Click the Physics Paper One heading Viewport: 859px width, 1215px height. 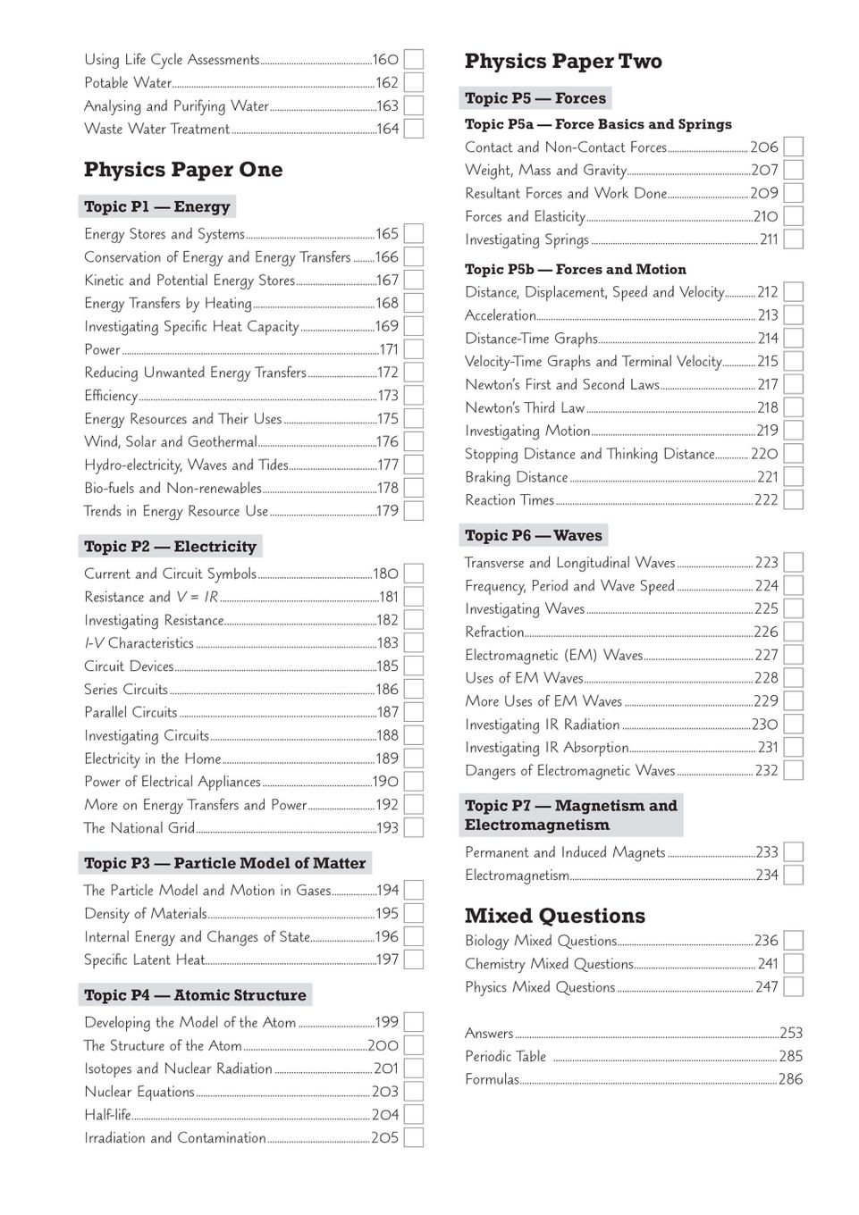183,170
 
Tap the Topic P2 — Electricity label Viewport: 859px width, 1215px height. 170,547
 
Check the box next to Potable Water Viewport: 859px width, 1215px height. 413,83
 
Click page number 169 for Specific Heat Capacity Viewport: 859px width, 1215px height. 387,327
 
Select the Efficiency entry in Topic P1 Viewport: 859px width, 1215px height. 111,396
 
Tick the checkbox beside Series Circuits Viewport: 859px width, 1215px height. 413,690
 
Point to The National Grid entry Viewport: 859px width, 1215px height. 139,828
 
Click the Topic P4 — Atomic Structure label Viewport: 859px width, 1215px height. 195,995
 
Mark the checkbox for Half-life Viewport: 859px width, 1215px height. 413,1115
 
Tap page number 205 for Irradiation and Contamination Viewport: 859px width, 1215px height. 384,1138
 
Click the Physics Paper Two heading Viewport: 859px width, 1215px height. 563,62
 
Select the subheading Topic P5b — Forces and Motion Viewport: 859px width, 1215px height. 576,270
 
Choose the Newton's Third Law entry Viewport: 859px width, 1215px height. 525,408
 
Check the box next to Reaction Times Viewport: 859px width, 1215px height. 793,500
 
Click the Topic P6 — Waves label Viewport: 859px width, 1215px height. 534,536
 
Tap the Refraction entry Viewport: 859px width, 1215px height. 494,633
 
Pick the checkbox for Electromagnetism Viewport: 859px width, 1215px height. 793,876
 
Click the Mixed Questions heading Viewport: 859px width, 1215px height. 554,916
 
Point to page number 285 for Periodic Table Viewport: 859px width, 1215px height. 790,1057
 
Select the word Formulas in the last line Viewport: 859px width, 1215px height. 492,1080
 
